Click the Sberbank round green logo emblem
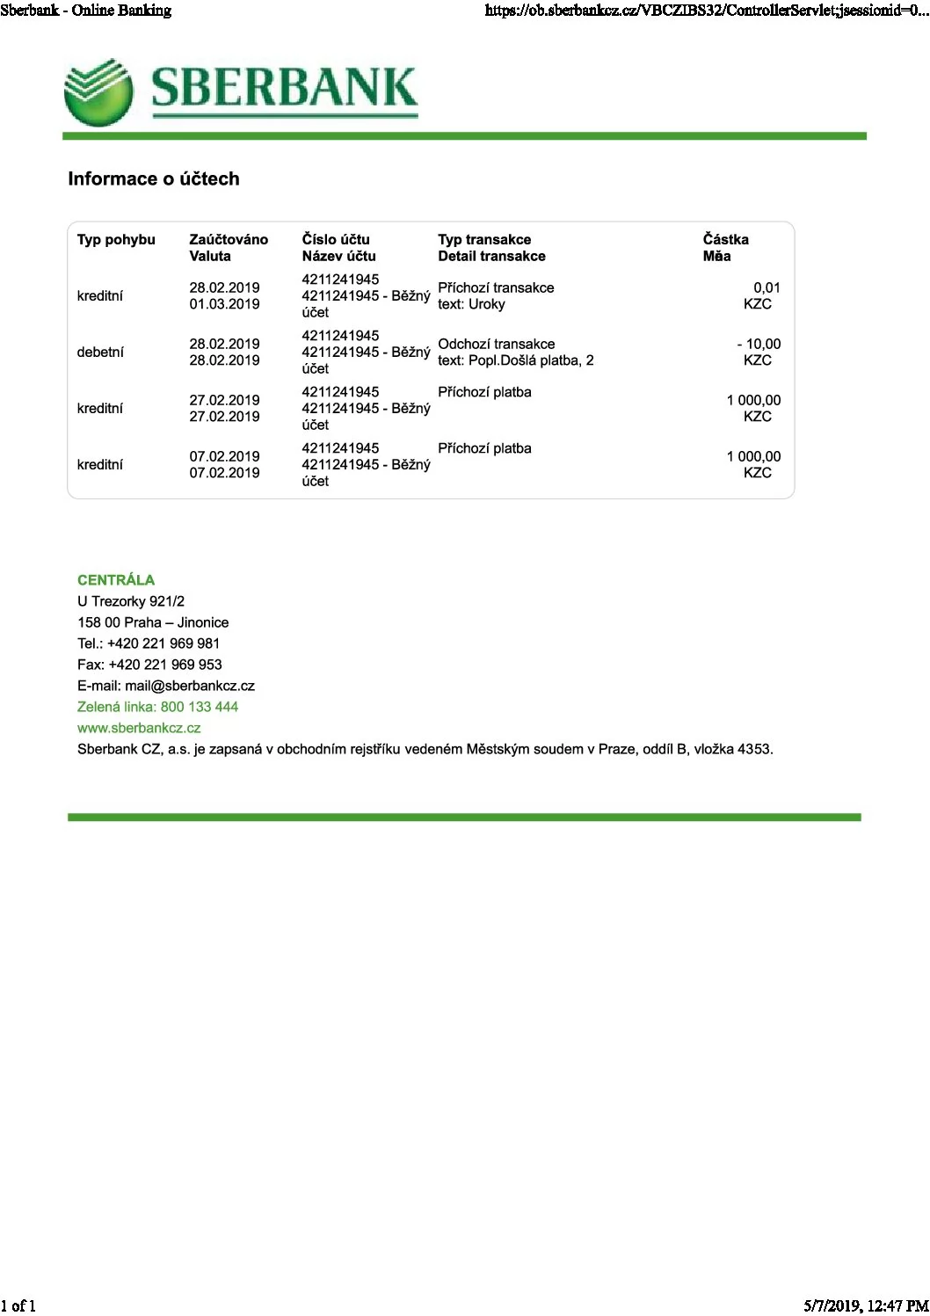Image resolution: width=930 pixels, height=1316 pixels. click(x=98, y=92)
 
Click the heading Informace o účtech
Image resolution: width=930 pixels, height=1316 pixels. click(x=154, y=179)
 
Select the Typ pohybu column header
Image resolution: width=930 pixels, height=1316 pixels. click(x=116, y=240)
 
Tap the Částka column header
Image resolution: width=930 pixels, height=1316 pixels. click(x=725, y=240)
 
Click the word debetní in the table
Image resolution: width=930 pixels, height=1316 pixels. click(x=100, y=353)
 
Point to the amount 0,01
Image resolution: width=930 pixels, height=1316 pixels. click(x=767, y=288)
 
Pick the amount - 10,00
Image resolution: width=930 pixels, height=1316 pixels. click(x=759, y=345)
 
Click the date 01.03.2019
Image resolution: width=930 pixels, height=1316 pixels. click(x=224, y=305)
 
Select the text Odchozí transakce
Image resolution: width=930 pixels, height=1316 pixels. click(x=496, y=345)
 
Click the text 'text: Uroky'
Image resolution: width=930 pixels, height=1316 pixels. click(x=471, y=305)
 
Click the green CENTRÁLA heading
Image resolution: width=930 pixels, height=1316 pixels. click(x=116, y=580)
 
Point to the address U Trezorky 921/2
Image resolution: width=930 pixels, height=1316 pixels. click(x=131, y=602)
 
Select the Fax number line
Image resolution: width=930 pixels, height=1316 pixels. click(x=149, y=665)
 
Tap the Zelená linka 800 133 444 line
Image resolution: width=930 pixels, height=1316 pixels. click(x=157, y=708)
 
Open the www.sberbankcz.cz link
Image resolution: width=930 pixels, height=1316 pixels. click(x=139, y=729)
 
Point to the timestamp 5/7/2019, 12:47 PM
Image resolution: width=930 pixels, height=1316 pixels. click(x=865, y=1306)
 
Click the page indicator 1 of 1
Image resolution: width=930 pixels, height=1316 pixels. click(x=18, y=1306)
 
